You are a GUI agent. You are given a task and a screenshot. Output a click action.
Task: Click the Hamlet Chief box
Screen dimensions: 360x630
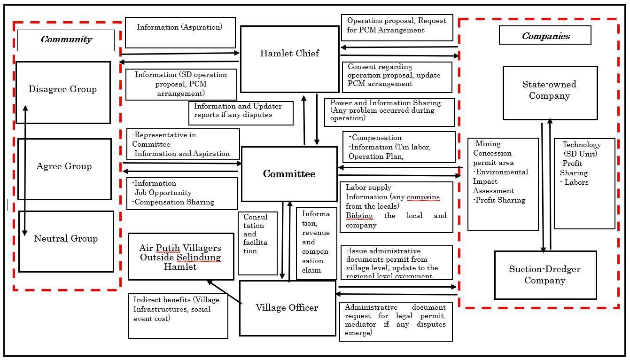(289, 59)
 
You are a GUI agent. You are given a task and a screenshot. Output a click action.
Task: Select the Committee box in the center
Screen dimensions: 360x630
(289, 174)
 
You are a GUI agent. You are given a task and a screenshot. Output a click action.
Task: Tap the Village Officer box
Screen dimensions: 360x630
(287, 308)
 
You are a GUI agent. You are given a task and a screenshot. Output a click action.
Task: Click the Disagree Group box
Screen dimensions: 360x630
(63, 92)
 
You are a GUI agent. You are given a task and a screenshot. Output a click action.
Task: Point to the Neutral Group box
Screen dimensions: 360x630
(66, 241)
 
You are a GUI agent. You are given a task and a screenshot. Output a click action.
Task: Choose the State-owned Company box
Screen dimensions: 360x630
(550, 93)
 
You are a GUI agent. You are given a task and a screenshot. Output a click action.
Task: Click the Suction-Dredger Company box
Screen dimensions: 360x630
(545, 275)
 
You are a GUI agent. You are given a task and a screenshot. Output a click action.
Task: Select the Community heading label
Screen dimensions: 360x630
(66, 40)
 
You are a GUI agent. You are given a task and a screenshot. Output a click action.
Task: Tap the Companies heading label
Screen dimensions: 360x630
(545, 36)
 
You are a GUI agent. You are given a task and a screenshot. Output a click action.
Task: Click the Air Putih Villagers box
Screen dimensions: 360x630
(180, 257)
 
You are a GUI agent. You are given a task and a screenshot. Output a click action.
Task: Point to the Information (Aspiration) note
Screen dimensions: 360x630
(180, 32)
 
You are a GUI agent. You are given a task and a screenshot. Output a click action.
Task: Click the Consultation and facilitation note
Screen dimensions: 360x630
(257, 243)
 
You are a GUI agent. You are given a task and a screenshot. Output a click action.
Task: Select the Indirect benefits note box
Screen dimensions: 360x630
(178, 316)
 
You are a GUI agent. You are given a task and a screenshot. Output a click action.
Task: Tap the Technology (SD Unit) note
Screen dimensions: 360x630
(584, 183)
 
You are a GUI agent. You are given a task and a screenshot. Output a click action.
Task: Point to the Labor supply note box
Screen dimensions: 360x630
(396, 207)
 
